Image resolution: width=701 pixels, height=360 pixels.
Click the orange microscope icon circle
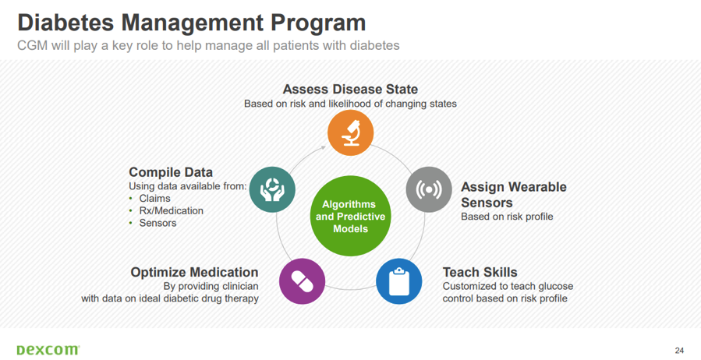[351, 132]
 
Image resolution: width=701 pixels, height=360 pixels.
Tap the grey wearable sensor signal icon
[429, 189]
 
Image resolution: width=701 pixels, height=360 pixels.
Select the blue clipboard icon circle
[398, 281]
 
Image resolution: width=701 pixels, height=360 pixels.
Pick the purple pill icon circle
[303, 281]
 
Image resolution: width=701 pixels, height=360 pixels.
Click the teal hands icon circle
[272, 189]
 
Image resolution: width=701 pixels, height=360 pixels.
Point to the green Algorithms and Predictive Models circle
[351, 216]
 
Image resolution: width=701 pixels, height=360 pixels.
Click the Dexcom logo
[48, 350]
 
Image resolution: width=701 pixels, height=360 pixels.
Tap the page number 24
[679, 350]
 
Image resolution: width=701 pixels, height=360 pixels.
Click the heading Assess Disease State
[351, 90]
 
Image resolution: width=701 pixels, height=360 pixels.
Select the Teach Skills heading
[480, 272]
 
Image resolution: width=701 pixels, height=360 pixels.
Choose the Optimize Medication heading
[194, 273]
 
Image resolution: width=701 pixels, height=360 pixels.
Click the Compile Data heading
[171, 172]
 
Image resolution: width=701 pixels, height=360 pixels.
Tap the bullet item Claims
[154, 199]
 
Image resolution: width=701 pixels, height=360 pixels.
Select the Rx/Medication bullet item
[172, 211]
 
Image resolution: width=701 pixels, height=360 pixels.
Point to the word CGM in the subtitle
[32, 45]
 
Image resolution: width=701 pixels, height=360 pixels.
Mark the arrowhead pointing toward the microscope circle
[324, 147]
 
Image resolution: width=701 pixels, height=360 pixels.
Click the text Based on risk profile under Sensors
[507, 217]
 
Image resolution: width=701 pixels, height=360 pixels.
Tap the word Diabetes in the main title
[65, 23]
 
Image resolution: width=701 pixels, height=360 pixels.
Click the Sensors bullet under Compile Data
[158, 223]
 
